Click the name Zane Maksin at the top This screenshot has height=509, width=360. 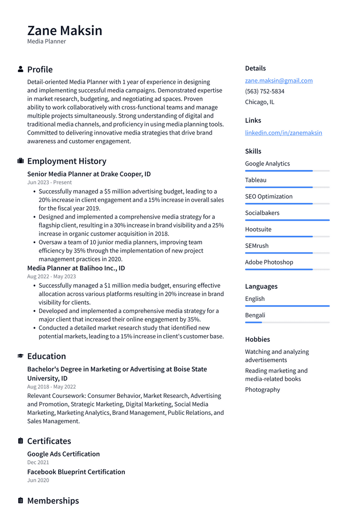[x=65, y=30]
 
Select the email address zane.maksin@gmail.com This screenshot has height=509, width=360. [x=278, y=81]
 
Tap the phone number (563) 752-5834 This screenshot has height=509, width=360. [x=264, y=91]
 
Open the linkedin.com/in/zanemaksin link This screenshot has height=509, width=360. [x=283, y=133]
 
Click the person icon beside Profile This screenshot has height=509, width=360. [x=21, y=69]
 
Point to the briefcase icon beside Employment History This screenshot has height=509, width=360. [x=21, y=161]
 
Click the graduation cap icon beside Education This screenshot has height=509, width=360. [x=21, y=356]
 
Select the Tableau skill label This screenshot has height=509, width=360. [x=255, y=180]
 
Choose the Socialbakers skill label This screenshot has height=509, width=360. [x=262, y=213]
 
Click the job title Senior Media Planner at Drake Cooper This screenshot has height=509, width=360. [x=89, y=174]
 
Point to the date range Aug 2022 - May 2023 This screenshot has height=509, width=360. [x=51, y=277]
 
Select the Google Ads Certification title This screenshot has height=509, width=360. [x=63, y=454]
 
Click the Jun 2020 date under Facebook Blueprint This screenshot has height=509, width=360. [x=38, y=480]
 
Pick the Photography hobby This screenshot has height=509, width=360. [x=262, y=389]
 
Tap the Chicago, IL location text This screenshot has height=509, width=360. [x=259, y=102]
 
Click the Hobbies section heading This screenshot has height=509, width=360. [x=257, y=339]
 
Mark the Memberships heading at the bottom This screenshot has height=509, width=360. [x=53, y=501]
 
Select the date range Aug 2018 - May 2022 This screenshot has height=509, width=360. [x=51, y=387]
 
